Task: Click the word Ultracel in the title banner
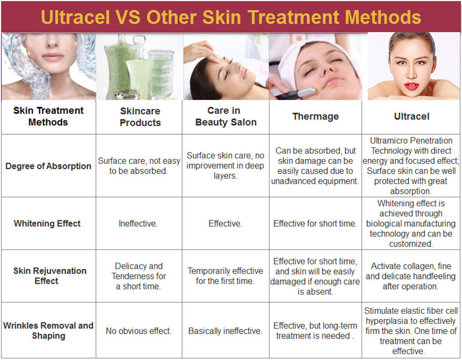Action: coord(75,17)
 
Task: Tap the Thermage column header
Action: coord(316,116)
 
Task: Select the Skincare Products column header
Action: coord(140,117)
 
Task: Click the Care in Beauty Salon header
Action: coord(226,116)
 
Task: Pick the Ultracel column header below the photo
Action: coord(411,116)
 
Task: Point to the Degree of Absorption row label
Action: coord(48,166)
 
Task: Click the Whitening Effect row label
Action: coord(47,224)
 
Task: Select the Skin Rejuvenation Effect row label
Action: coord(49,276)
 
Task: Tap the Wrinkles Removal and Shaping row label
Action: coord(48,331)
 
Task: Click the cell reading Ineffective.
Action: coord(138,224)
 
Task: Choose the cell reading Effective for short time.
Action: coord(315,224)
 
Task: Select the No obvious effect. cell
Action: coord(138,331)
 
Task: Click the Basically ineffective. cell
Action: coord(225,331)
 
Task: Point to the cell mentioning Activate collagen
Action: coord(411,276)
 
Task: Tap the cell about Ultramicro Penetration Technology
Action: coord(411,166)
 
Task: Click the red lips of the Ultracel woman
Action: coord(412,86)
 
